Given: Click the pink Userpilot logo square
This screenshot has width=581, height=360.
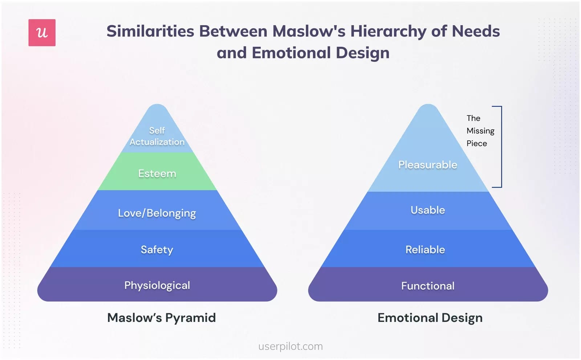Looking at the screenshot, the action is (42, 33).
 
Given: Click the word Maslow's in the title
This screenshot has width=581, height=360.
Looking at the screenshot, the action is (309, 31).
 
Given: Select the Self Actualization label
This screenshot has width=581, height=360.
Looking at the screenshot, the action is (157, 136).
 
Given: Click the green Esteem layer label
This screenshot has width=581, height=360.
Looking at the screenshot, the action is (157, 173).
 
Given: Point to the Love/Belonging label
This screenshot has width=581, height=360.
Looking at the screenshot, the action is (157, 213).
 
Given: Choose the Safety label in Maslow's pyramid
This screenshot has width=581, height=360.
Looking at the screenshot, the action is (157, 250).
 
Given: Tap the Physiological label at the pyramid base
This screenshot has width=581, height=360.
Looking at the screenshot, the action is (157, 286).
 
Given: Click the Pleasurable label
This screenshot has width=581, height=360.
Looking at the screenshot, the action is (428, 165).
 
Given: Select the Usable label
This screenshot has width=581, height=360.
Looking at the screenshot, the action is (428, 210).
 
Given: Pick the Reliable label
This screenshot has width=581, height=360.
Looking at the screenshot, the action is (425, 250).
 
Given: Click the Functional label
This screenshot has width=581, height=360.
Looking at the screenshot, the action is (428, 286).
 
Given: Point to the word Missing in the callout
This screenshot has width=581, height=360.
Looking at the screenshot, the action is (480, 131).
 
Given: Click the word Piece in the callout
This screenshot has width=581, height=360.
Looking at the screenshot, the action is (477, 143).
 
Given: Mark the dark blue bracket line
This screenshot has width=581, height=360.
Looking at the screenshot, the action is (501, 147).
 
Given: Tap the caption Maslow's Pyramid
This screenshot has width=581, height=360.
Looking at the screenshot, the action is (162, 318).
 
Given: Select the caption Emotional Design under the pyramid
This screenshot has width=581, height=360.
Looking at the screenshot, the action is (430, 318).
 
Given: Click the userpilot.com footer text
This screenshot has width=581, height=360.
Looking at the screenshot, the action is (290, 347).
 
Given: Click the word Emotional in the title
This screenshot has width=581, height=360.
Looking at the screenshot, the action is (291, 53).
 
